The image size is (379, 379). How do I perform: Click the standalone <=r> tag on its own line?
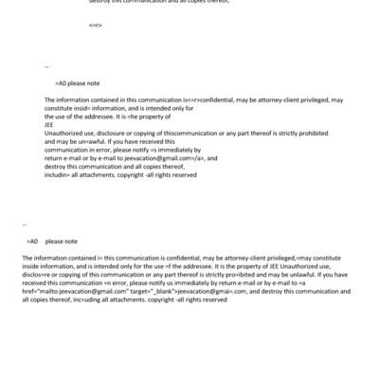coord(95,25)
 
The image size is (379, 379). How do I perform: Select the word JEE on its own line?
coord(50,127)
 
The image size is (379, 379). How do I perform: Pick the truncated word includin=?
coord(60,176)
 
